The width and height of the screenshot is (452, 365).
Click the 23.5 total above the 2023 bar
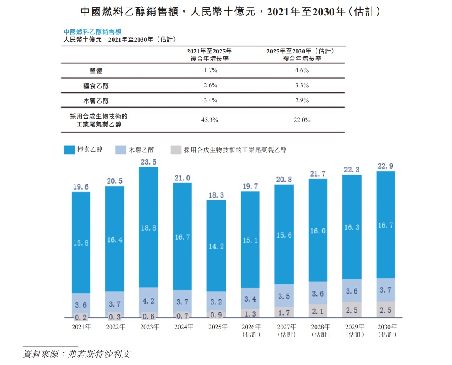point(148,162)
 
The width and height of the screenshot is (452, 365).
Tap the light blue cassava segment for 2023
point(148,300)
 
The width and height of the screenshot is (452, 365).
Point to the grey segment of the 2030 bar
point(385,309)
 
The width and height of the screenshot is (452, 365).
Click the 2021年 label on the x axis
point(81,327)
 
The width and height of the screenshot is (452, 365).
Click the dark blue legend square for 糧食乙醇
point(69,150)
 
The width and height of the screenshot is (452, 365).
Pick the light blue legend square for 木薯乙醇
point(121,150)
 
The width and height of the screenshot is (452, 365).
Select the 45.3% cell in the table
point(209,120)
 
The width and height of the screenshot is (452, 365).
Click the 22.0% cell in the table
point(301,120)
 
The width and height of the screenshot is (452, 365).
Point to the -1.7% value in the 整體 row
point(209,70)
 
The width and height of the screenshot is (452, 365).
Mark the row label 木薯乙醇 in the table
point(96,100)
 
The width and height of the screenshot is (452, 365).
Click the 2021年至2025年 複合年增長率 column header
point(209,55)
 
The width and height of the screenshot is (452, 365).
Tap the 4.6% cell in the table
point(301,70)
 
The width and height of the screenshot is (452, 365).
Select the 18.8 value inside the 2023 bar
point(148,228)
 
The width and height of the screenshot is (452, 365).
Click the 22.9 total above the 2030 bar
point(385,166)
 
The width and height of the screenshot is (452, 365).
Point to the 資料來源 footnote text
point(77,354)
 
